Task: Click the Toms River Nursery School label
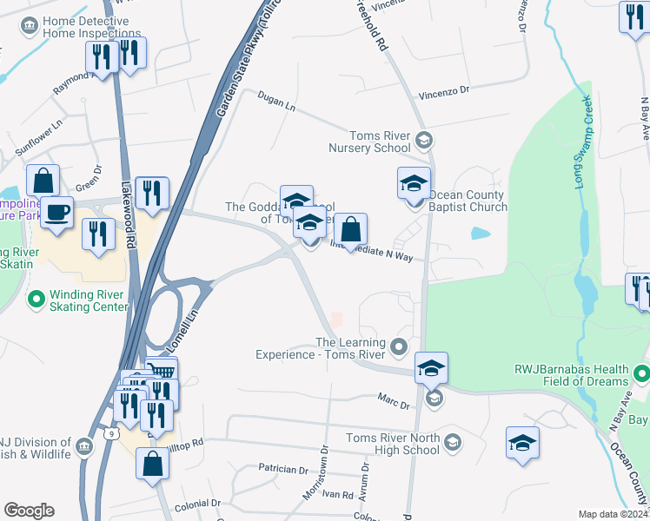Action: (x=379, y=142)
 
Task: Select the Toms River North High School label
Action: (x=393, y=444)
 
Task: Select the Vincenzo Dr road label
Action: (x=444, y=89)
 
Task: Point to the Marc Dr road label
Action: (x=393, y=399)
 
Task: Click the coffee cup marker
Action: (x=57, y=212)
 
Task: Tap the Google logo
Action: (x=29, y=511)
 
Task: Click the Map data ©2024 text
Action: (x=613, y=514)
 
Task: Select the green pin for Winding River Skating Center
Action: (x=36, y=300)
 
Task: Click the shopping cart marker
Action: (x=162, y=372)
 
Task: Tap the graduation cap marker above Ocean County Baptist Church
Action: (x=415, y=183)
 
